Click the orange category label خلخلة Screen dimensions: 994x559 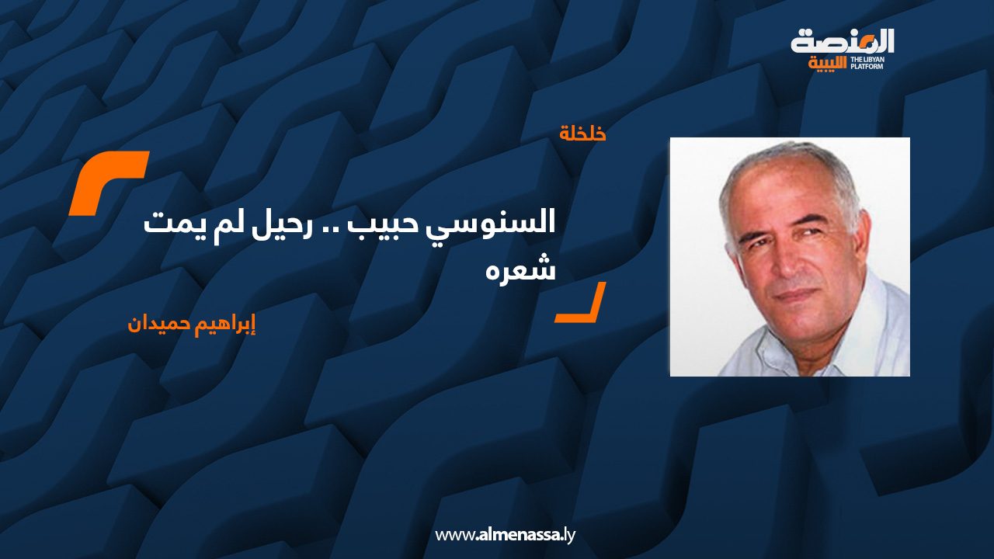click(x=582, y=134)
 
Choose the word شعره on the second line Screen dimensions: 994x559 click(x=520, y=268)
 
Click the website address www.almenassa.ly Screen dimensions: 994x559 click(x=505, y=535)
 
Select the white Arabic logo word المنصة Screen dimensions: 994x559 click(x=843, y=42)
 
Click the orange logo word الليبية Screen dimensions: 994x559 click(x=827, y=64)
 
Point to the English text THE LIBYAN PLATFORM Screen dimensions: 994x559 click(x=867, y=63)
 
